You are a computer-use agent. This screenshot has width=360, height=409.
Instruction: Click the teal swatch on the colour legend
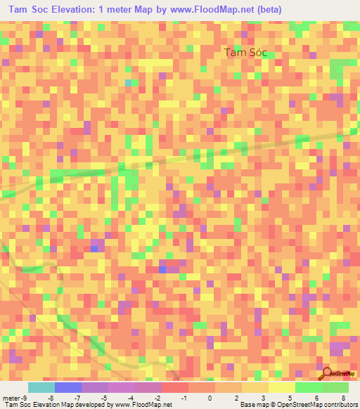click(41, 387)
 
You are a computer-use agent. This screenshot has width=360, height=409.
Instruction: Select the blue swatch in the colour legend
click(68, 387)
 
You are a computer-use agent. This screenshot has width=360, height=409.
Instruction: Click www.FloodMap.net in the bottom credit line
click(143, 404)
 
